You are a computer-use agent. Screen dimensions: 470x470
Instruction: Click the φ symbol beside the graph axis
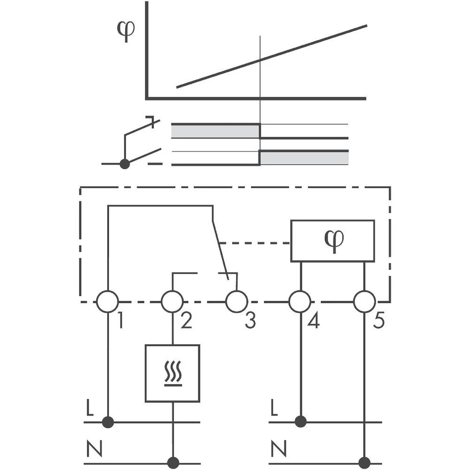coord(125,31)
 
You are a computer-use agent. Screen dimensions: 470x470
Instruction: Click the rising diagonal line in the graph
coord(271,56)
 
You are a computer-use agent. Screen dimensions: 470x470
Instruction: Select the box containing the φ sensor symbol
coord(332,241)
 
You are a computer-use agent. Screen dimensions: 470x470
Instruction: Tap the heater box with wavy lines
coord(172,373)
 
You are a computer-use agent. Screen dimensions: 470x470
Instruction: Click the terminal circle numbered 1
coord(108,301)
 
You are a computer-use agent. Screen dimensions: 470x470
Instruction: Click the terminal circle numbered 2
coord(172,301)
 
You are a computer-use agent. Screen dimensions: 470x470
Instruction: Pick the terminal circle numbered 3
coord(236,301)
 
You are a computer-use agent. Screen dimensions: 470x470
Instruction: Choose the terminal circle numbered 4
coord(300,301)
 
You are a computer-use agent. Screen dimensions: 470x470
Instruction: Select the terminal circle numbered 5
coord(364,301)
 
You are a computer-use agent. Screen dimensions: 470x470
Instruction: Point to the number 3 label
coord(250,321)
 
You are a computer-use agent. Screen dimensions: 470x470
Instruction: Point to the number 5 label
coord(379,321)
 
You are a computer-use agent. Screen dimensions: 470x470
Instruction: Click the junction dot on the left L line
coord(108,422)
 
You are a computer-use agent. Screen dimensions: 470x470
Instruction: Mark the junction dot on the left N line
coord(173,463)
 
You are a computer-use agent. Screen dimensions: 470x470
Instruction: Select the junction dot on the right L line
coord(300,422)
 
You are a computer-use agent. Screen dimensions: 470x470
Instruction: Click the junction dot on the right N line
coord(364,463)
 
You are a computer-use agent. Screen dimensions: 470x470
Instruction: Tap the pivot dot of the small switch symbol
coord(125,164)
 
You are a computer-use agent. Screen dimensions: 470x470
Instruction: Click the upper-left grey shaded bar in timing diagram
coord(215,131)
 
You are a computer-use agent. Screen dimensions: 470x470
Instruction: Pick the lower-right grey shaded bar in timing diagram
coord(304,158)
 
